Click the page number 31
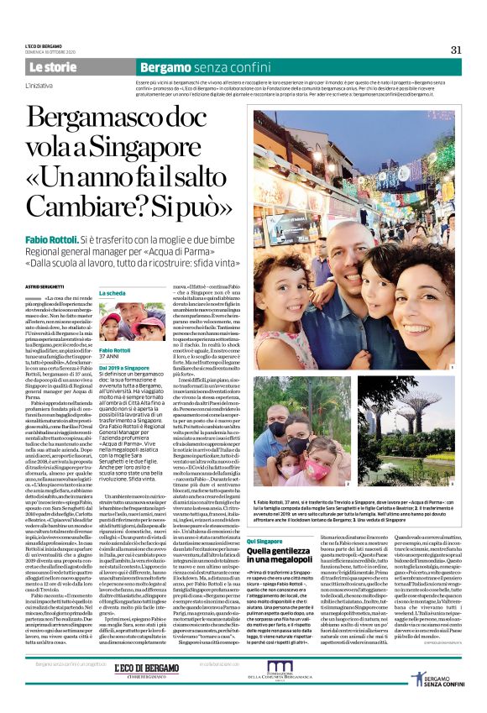coord(456,49)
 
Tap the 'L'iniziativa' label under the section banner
coord(38,86)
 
